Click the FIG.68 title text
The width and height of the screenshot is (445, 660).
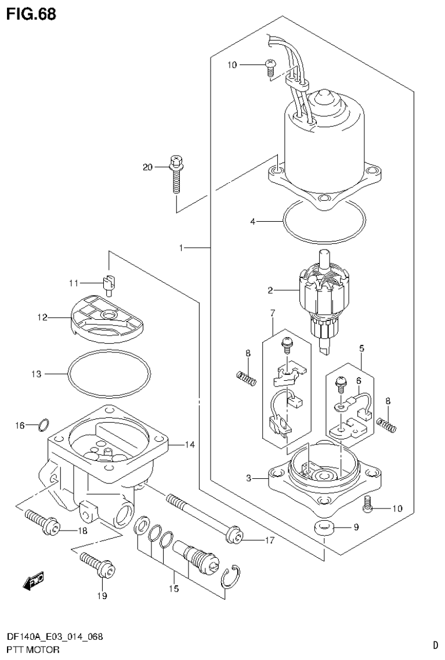[31, 14]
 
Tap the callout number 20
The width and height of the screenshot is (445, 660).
[147, 167]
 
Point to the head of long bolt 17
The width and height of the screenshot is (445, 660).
[235, 534]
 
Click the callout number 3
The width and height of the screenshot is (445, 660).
[248, 478]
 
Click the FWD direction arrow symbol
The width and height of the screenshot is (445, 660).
[33, 580]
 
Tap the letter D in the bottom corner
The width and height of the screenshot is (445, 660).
[435, 644]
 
